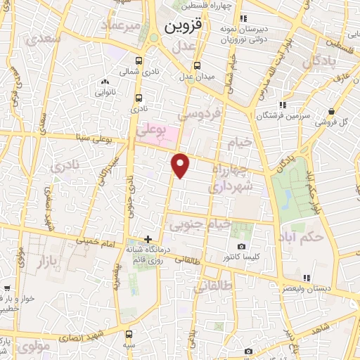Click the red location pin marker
click(181, 165)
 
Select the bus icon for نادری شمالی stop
click(139, 61)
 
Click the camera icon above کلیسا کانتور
click(242, 246)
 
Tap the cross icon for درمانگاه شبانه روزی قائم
click(148, 239)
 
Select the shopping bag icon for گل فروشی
click(331, 111)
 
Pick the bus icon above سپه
click(129, 335)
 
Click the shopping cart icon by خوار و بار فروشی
click(6, 288)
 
